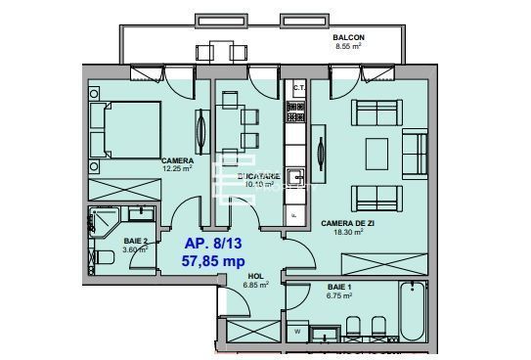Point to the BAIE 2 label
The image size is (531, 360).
[x=136, y=241]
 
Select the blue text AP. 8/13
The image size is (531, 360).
[x=213, y=243]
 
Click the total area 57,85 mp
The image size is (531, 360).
[x=213, y=261]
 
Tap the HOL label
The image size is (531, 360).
[x=255, y=276]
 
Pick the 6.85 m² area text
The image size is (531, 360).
[x=255, y=285]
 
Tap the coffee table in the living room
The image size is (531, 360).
[x=377, y=152]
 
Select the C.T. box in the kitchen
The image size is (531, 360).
[x=298, y=89]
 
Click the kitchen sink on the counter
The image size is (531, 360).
[x=295, y=177]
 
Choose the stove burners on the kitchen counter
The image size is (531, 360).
[x=295, y=122]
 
